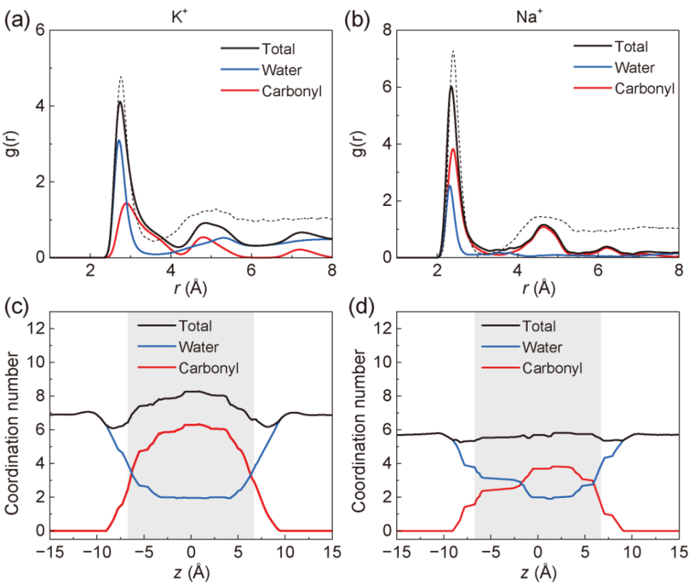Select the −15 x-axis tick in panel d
coord(393,553)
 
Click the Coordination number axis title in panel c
coord(13,428)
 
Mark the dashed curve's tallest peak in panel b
coord(453,52)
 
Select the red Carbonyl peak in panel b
coord(454,149)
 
